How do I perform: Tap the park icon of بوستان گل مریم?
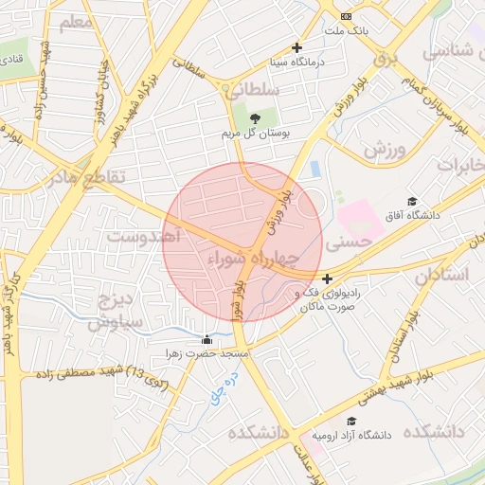(255, 118)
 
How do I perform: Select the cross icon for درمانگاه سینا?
(297, 47)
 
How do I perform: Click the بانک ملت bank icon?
(347, 16)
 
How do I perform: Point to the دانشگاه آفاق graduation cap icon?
(412, 201)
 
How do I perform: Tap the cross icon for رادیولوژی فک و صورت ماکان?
(327, 278)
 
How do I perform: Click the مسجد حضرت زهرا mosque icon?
(207, 339)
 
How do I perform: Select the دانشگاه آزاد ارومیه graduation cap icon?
(351, 422)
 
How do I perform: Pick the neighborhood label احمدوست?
(143, 235)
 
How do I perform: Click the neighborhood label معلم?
(76, 21)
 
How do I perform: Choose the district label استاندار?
(441, 275)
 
